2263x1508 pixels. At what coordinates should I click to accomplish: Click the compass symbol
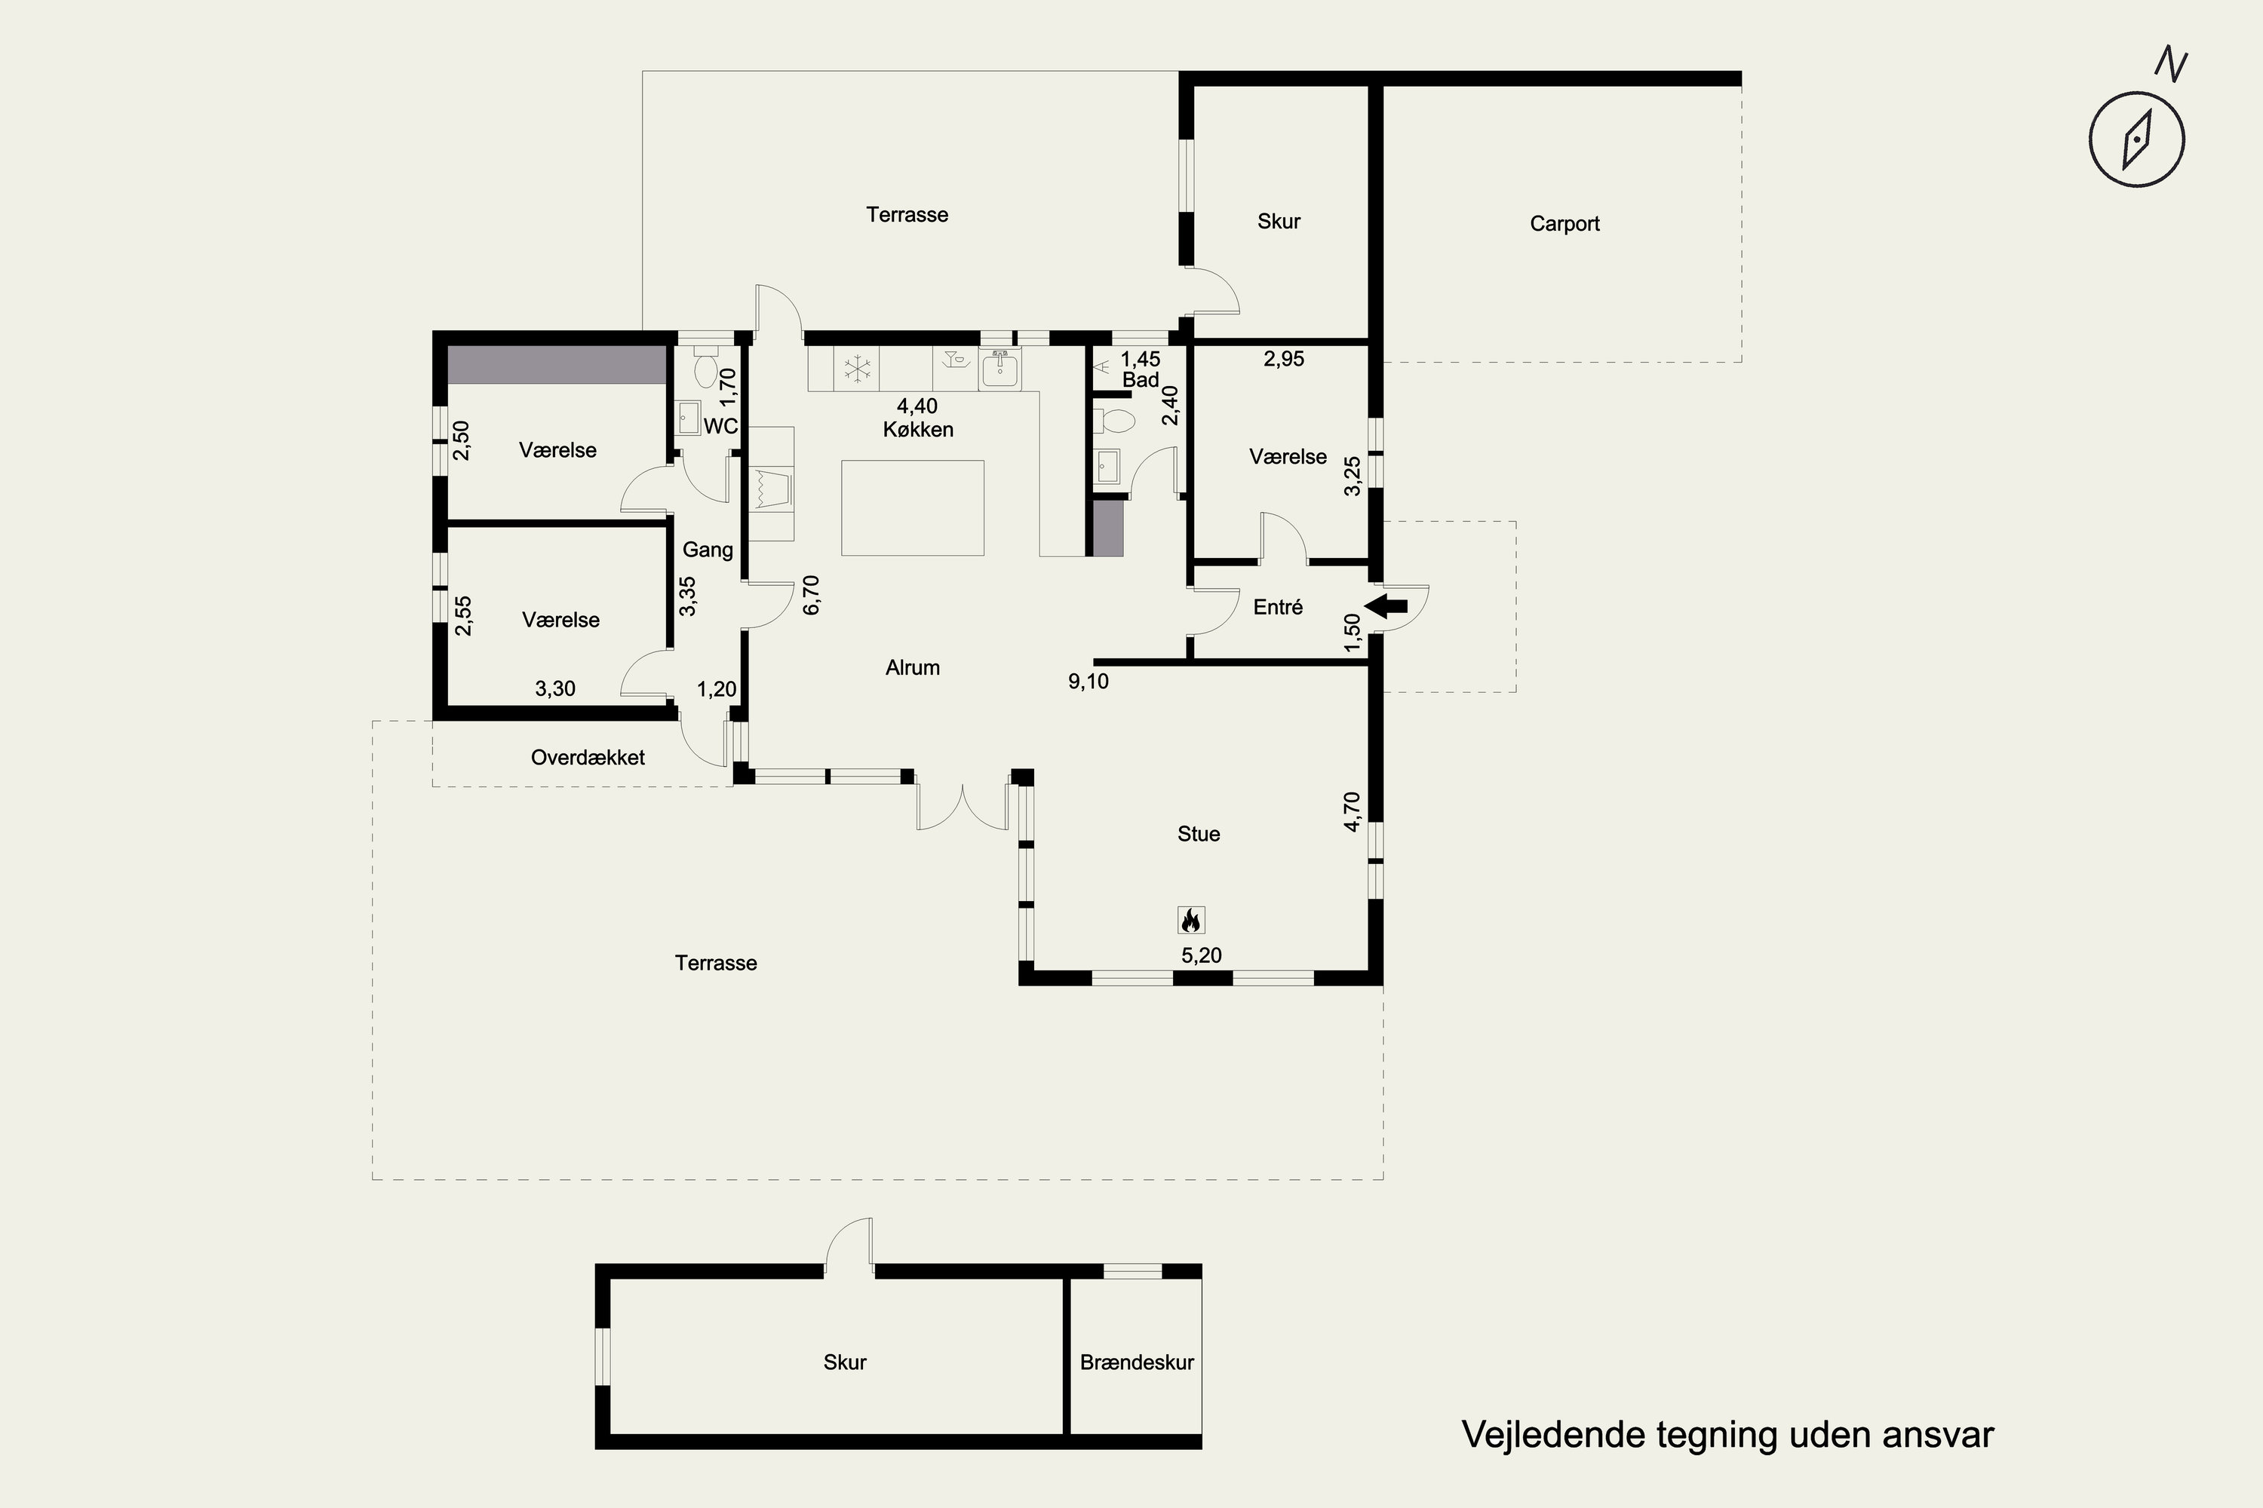point(2136,139)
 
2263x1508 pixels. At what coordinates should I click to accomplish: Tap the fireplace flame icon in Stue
point(1191,921)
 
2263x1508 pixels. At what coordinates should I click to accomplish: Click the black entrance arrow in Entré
point(1386,606)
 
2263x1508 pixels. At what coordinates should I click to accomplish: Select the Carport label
point(1564,224)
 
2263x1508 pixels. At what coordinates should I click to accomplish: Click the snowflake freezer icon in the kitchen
point(856,369)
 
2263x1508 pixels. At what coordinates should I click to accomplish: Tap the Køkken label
point(918,430)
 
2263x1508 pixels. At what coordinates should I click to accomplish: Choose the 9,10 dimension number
point(1089,682)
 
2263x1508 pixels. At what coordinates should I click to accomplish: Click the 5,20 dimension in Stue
point(1202,955)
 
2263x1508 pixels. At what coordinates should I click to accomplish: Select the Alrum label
point(912,667)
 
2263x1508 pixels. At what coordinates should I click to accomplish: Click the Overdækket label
point(588,758)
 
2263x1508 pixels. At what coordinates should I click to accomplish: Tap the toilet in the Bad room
point(1115,420)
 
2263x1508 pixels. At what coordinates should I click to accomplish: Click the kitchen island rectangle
point(912,507)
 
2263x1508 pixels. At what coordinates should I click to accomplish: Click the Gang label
point(708,550)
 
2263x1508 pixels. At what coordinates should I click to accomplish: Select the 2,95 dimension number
point(1284,359)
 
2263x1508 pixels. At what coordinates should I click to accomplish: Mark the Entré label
point(1278,607)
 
